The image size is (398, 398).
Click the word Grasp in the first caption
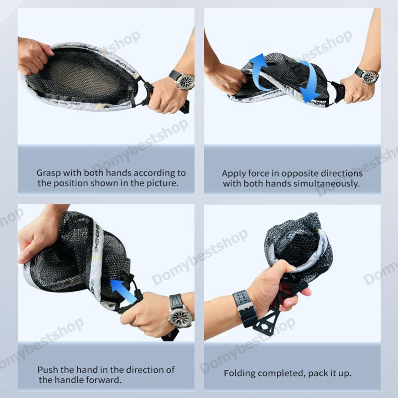[x=49, y=173]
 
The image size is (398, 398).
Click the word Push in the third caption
[x=47, y=370]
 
